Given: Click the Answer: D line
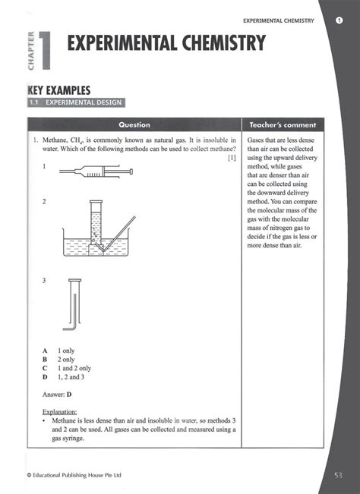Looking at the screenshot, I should pyautogui.click(x=57, y=395).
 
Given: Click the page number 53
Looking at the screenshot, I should pyautogui.click(x=338, y=475).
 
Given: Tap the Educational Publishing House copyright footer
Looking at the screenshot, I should pyautogui.click(x=74, y=476).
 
